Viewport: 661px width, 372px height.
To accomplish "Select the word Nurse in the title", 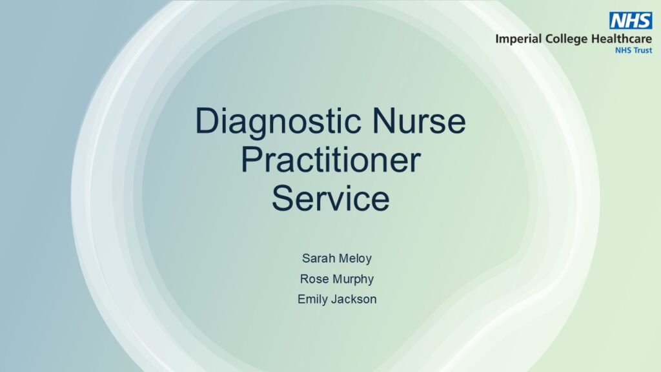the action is pos(418,121).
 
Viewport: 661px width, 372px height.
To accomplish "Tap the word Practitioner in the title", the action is pos(331,160).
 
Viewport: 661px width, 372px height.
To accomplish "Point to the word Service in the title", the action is pos(331,198).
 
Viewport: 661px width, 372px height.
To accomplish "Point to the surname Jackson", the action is pos(354,299).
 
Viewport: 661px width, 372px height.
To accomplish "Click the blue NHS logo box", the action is pos(630,20).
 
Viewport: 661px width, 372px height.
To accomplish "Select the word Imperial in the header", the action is pos(518,39).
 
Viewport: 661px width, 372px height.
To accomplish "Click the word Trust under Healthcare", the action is pos(642,50).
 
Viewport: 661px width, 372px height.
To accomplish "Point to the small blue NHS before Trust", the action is pos(623,50).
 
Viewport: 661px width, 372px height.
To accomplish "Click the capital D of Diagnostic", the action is pos(207,121).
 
